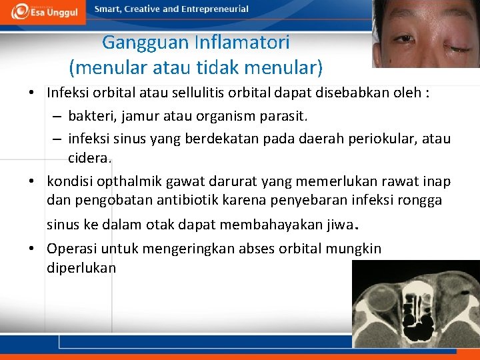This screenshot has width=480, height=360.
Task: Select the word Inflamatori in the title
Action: click(243, 43)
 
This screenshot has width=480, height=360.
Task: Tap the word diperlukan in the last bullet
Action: click(81, 267)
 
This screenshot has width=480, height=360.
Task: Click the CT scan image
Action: click(415, 304)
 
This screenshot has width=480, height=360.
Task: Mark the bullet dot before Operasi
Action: click(32, 249)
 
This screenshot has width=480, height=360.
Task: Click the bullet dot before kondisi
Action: click(32, 181)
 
